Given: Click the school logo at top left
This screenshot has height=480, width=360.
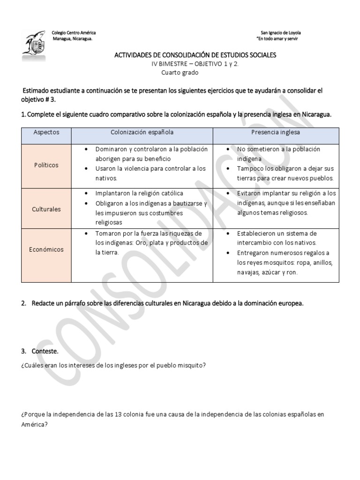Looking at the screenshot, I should click(34, 46).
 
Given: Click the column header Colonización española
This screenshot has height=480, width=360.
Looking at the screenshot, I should click(142, 132).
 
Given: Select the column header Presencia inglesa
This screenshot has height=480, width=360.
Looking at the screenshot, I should click(276, 132).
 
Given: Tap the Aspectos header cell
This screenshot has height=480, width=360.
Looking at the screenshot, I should click(46, 132).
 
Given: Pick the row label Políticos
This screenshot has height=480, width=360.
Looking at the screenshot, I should click(46, 165).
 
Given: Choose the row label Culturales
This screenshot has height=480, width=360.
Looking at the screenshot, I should click(46, 209).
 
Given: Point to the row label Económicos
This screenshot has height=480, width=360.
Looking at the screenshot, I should click(46, 249).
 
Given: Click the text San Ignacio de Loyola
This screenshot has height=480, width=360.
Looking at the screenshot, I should click(280, 33).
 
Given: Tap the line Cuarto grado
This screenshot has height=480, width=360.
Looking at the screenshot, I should click(180, 73).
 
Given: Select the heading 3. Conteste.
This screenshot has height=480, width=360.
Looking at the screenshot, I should click(40, 351).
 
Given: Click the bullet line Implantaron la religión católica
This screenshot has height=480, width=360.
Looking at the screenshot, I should click(139, 193).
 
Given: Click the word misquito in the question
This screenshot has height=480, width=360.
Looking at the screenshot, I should click(193, 365).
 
